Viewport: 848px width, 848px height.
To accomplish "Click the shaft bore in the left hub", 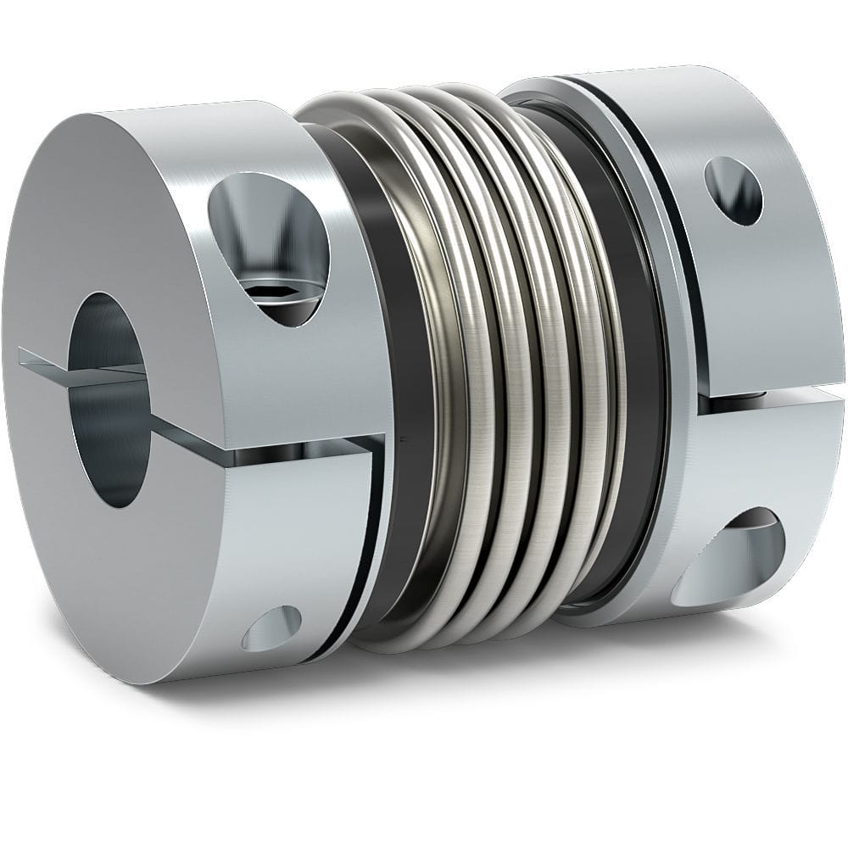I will [108, 399].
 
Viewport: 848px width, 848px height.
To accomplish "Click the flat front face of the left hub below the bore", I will [127, 577].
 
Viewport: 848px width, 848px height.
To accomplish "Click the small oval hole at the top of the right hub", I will [733, 191].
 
